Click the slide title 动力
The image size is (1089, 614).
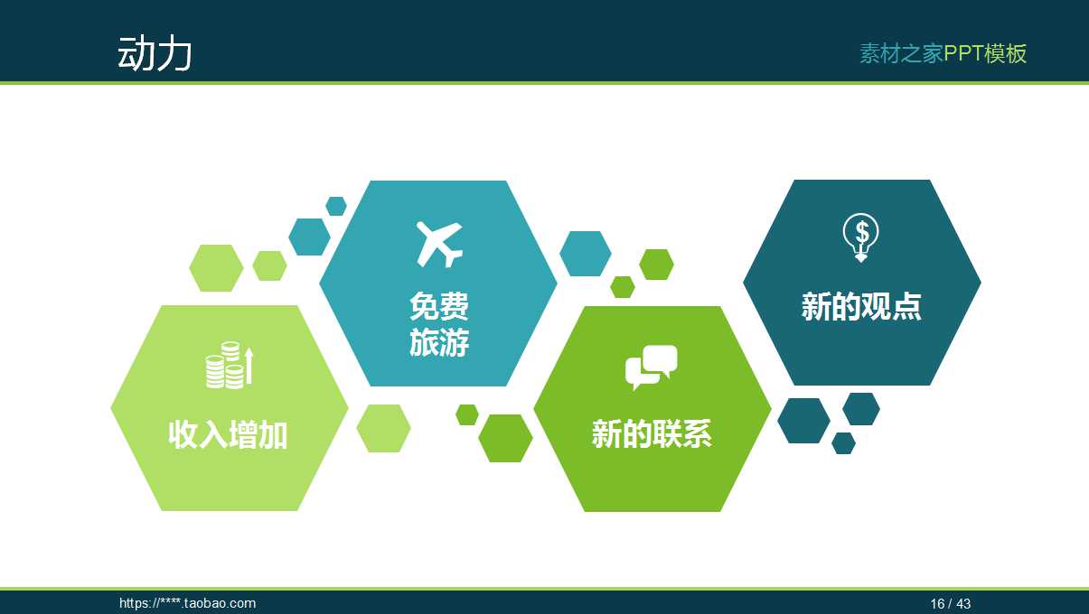pos(155,54)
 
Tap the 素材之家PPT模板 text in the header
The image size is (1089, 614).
pos(943,53)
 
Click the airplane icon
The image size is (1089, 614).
pos(439,243)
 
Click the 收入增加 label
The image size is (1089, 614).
pos(228,435)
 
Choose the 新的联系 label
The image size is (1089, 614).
pos(652,434)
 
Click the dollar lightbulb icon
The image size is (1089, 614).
pos(861,237)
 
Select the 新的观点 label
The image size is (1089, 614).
pos(861,307)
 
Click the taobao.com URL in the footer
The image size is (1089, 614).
pos(188,603)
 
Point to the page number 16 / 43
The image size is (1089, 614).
pos(951,603)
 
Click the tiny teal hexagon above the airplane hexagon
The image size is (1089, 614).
pos(336,206)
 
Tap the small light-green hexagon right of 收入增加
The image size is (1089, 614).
pos(383,428)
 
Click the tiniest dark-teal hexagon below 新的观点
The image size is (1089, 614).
pos(843,443)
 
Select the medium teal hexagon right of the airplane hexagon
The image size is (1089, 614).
pos(586,254)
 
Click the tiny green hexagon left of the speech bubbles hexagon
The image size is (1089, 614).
pos(467,414)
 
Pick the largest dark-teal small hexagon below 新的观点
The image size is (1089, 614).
pos(803,421)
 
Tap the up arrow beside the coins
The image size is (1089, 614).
pos(249,366)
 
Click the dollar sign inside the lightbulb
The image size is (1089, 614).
pos(862,233)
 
